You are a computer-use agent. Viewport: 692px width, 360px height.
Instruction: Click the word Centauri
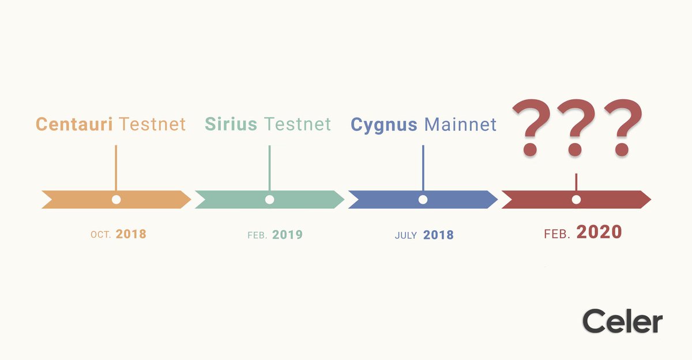[75, 124]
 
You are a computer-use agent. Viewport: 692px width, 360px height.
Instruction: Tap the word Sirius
[232, 124]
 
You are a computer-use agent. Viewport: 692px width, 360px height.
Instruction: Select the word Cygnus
[385, 125]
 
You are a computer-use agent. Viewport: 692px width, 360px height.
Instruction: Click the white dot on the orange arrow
[116, 200]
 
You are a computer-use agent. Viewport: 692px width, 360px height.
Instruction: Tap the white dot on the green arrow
[269, 200]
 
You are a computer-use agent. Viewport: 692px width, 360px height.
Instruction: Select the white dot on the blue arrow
[423, 200]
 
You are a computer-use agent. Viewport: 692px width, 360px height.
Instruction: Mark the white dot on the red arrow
[576, 200]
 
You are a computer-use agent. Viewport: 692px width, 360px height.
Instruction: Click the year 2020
[599, 232]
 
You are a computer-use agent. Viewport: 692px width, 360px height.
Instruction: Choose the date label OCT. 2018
[118, 235]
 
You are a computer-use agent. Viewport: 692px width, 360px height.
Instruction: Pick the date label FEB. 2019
[272, 235]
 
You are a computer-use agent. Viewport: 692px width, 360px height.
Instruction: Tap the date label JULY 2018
[424, 235]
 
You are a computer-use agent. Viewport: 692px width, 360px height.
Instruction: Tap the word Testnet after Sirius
[298, 124]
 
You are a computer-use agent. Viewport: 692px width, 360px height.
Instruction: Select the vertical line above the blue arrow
[423, 167]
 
